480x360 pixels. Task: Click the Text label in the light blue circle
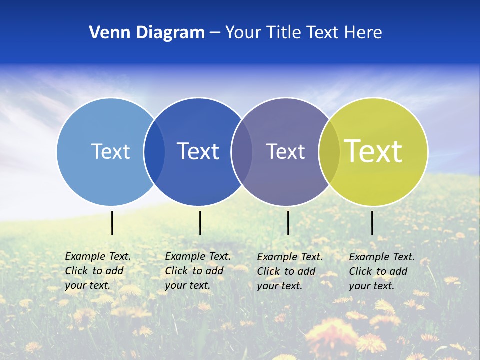click(110, 151)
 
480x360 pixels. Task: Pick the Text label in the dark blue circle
click(198, 151)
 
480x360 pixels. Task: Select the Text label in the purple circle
click(285, 151)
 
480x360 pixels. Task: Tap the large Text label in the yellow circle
click(373, 151)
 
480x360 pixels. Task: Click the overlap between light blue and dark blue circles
click(154, 151)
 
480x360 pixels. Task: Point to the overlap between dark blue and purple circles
click(242, 151)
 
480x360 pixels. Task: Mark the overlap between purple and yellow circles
click(329, 151)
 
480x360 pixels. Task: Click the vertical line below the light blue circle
click(112, 223)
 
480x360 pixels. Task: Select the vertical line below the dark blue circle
click(200, 223)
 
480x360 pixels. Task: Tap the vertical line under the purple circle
click(288, 223)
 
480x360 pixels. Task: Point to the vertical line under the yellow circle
click(372, 223)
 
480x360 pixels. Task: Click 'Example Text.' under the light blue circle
click(98, 256)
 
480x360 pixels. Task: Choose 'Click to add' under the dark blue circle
click(194, 271)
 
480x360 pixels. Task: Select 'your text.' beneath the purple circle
click(280, 286)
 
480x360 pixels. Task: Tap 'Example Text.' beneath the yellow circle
click(382, 257)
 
